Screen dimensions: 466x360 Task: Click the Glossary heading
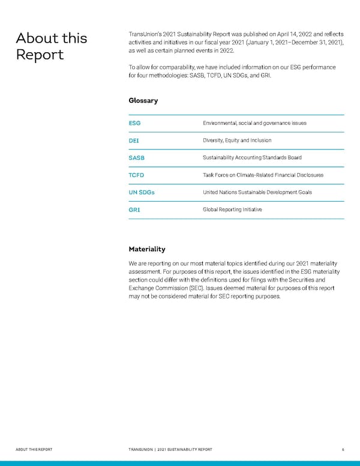coord(143,100)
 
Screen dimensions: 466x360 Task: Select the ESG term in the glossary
coord(135,123)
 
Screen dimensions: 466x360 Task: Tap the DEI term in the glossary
coord(134,141)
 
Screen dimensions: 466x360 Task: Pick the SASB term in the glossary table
coord(137,158)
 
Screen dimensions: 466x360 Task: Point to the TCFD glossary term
coord(137,175)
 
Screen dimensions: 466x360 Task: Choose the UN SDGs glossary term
coord(140,192)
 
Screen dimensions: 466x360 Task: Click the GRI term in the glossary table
coord(134,210)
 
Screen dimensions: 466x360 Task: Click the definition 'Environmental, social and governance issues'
coord(254,123)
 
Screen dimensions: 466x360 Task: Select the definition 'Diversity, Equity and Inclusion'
coord(237,141)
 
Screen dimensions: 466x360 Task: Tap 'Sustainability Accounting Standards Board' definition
coord(252,158)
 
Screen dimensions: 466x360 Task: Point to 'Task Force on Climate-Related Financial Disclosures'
coord(263,175)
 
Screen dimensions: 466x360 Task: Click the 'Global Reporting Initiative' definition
coord(232,210)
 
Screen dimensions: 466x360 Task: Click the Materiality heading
coord(147,249)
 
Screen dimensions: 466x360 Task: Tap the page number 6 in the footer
coord(342,449)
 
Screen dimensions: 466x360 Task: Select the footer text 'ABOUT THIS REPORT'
coord(35,449)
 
